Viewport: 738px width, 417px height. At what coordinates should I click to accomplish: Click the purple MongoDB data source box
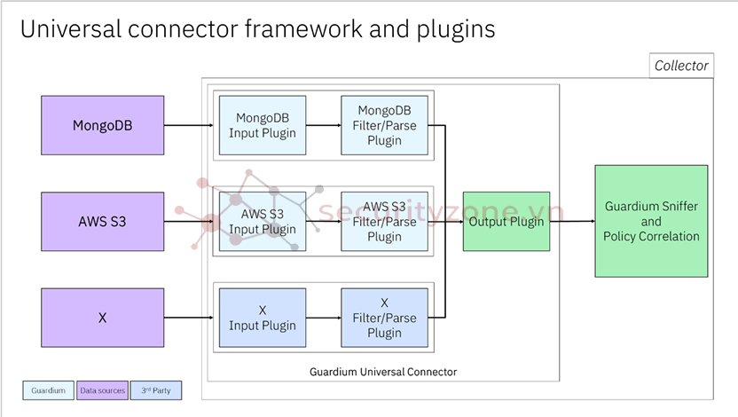click(x=103, y=125)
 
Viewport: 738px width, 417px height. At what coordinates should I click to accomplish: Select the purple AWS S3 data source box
click(x=103, y=221)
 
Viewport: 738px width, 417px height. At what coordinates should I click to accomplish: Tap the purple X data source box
click(x=103, y=317)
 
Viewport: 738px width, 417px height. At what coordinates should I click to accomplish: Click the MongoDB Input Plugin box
click(x=263, y=125)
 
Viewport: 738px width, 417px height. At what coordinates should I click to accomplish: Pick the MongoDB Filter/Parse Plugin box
click(x=384, y=125)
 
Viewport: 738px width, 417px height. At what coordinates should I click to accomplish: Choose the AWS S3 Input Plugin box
click(x=263, y=222)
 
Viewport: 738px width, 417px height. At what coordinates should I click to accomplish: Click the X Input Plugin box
click(x=263, y=318)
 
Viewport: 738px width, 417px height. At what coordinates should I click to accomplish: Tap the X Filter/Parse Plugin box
click(x=384, y=318)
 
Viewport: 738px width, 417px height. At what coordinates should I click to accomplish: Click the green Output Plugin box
click(x=506, y=222)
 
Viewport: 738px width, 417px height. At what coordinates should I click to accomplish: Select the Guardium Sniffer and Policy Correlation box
click(x=651, y=221)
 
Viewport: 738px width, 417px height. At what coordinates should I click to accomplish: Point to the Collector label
click(x=681, y=66)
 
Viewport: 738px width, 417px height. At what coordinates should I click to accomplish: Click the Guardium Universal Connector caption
click(x=383, y=372)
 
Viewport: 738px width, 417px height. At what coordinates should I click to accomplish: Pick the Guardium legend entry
click(x=48, y=390)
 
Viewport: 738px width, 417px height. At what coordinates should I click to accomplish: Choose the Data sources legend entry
click(x=103, y=390)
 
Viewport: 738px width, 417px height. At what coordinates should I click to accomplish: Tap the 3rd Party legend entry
click(x=156, y=390)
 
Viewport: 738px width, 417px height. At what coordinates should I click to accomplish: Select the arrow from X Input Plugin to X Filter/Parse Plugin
click(x=324, y=318)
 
